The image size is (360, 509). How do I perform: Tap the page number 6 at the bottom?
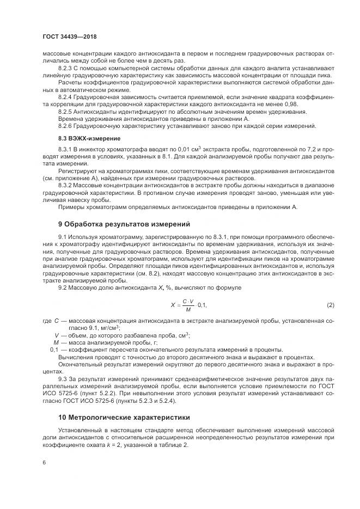44,462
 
